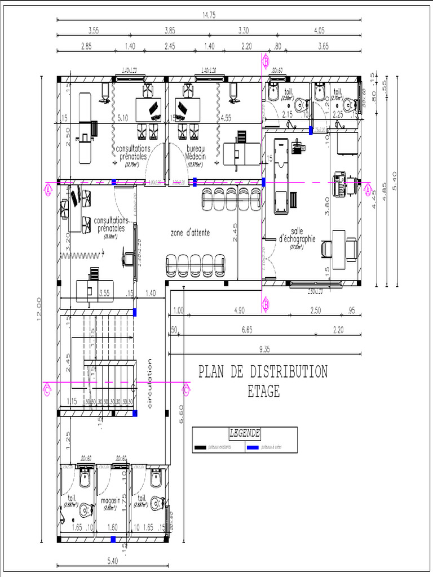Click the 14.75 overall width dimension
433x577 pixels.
[x=209, y=15]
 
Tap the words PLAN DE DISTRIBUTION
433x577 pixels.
[x=263, y=372]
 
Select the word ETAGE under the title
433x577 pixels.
[x=263, y=392]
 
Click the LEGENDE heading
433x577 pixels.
[x=245, y=433]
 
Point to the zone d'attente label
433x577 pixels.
[x=190, y=232]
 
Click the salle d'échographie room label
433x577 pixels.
[x=297, y=235]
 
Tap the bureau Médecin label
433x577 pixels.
[x=196, y=152]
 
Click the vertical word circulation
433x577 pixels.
[x=150, y=383]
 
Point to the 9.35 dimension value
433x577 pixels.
[x=264, y=349]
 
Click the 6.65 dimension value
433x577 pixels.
[x=247, y=330]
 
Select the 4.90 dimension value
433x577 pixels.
[x=239, y=310]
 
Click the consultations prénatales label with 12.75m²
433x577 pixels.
[x=132, y=152]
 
